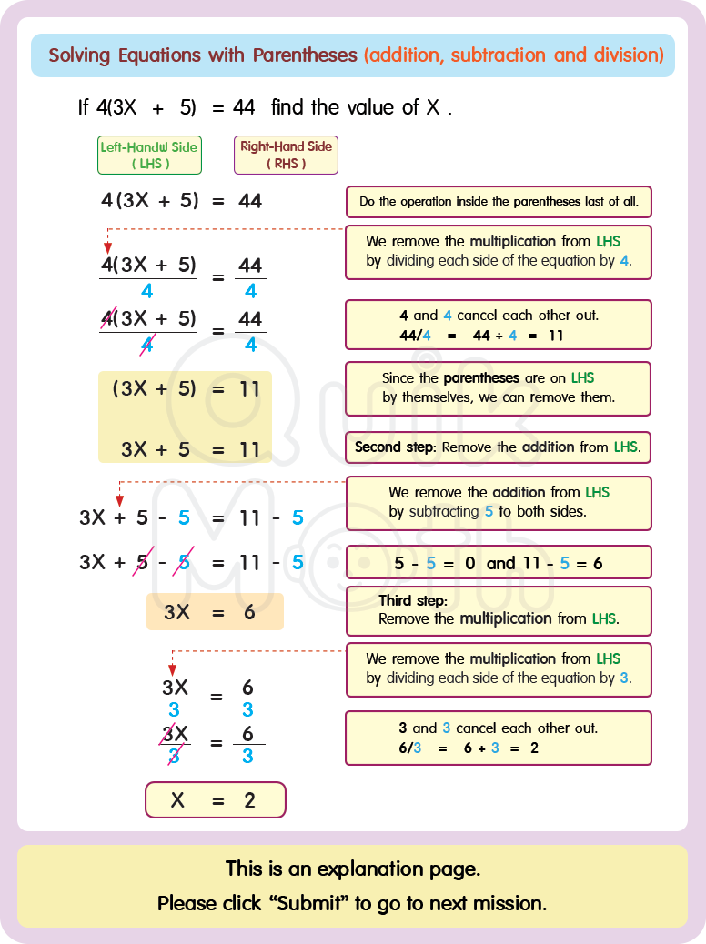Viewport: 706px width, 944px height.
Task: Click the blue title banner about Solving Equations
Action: point(353,55)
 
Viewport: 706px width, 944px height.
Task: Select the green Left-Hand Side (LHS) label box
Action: point(149,156)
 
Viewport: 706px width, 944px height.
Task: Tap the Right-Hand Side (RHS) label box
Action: point(286,156)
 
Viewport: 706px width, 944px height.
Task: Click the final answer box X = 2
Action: point(215,800)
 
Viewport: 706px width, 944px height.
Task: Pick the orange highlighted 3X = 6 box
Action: point(215,612)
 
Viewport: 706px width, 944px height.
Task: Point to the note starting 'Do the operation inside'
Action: point(499,202)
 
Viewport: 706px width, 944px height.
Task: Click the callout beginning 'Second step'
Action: point(499,447)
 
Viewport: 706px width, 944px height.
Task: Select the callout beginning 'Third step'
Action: point(499,610)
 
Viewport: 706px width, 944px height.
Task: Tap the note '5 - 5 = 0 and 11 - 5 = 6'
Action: point(499,563)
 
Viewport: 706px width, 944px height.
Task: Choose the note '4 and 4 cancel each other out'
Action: point(499,325)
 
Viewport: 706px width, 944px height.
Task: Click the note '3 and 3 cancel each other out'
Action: point(499,738)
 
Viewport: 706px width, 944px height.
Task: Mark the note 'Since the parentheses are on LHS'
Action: point(499,387)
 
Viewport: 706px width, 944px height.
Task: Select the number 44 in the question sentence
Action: point(244,107)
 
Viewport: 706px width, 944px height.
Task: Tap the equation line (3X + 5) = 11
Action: point(186,389)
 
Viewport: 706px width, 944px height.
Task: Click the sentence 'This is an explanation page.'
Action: point(353,869)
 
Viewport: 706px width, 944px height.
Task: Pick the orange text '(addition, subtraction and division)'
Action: point(513,55)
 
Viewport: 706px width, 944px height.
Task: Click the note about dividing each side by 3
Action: point(499,668)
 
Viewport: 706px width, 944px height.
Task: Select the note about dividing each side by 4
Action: point(499,252)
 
